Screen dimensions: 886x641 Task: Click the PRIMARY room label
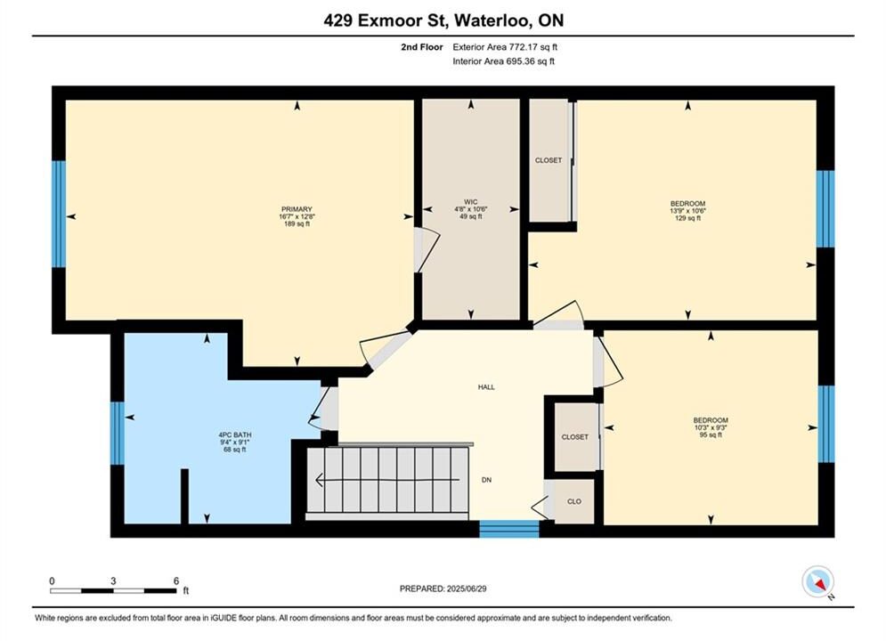click(x=297, y=209)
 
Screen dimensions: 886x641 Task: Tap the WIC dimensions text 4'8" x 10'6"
click(x=471, y=209)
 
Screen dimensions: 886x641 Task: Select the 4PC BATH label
click(x=235, y=434)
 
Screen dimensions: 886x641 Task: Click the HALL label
click(x=486, y=387)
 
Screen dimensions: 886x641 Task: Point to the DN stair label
click(x=486, y=480)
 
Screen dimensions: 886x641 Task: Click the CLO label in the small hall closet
click(x=574, y=501)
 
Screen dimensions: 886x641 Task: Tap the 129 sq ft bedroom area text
click(x=687, y=218)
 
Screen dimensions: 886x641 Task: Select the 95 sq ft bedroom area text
click(x=711, y=434)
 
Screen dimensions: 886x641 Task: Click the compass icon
click(x=817, y=581)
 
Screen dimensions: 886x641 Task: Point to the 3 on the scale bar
click(x=114, y=581)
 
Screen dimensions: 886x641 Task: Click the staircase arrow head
click(x=320, y=480)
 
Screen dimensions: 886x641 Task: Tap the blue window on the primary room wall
click(x=59, y=214)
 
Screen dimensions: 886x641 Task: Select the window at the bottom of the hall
click(x=509, y=529)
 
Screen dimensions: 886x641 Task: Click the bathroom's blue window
click(x=117, y=434)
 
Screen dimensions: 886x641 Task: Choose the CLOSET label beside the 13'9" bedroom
click(x=549, y=160)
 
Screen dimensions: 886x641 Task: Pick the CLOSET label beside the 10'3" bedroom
click(x=574, y=437)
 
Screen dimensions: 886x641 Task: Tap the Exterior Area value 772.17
click(x=522, y=47)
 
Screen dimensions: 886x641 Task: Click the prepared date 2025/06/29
click(x=467, y=588)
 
